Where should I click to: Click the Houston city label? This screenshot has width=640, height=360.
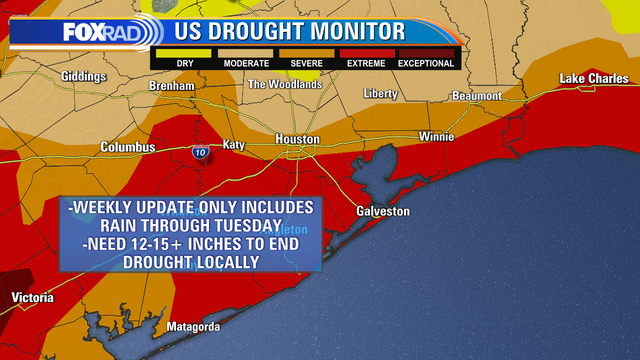[298, 139]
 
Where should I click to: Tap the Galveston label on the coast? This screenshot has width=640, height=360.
[384, 211]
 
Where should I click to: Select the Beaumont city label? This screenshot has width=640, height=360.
[477, 95]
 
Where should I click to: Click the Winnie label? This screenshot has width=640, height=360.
[435, 136]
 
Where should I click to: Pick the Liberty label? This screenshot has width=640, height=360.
[381, 93]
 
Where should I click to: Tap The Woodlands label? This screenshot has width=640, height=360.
[285, 85]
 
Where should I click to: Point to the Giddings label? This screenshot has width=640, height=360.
[83, 76]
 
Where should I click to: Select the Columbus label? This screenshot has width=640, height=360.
[128, 147]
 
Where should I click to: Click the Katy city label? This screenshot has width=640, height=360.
[233, 145]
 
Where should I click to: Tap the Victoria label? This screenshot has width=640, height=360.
[31, 298]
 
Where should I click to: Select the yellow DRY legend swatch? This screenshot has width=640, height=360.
[185, 52]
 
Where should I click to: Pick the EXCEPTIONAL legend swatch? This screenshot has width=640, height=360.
[425, 52]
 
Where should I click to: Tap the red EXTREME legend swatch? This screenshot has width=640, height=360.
[365, 52]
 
